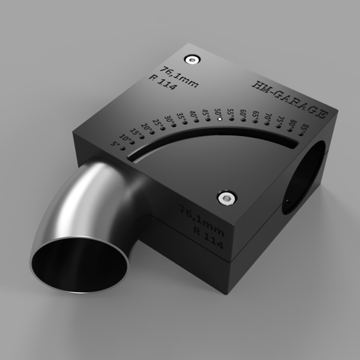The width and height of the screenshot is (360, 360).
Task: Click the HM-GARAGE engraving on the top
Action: tap(287, 98)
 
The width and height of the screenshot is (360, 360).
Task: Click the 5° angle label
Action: tap(116, 145)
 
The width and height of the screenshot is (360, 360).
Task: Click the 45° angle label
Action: tap(205, 112)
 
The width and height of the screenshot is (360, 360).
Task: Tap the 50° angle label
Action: tap(218, 112)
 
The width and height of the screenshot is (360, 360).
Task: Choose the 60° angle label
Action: tap(243, 113)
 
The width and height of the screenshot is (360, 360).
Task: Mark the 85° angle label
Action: tap(306, 129)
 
